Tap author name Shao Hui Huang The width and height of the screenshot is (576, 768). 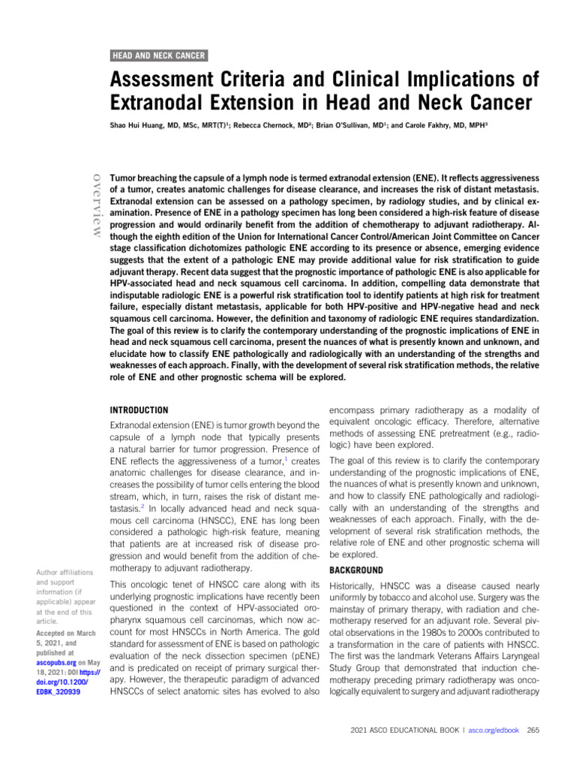(x=138, y=127)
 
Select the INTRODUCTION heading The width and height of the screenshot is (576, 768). (x=139, y=410)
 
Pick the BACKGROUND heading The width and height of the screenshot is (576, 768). (x=357, y=570)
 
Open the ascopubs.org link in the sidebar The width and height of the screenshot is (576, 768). (x=53, y=664)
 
